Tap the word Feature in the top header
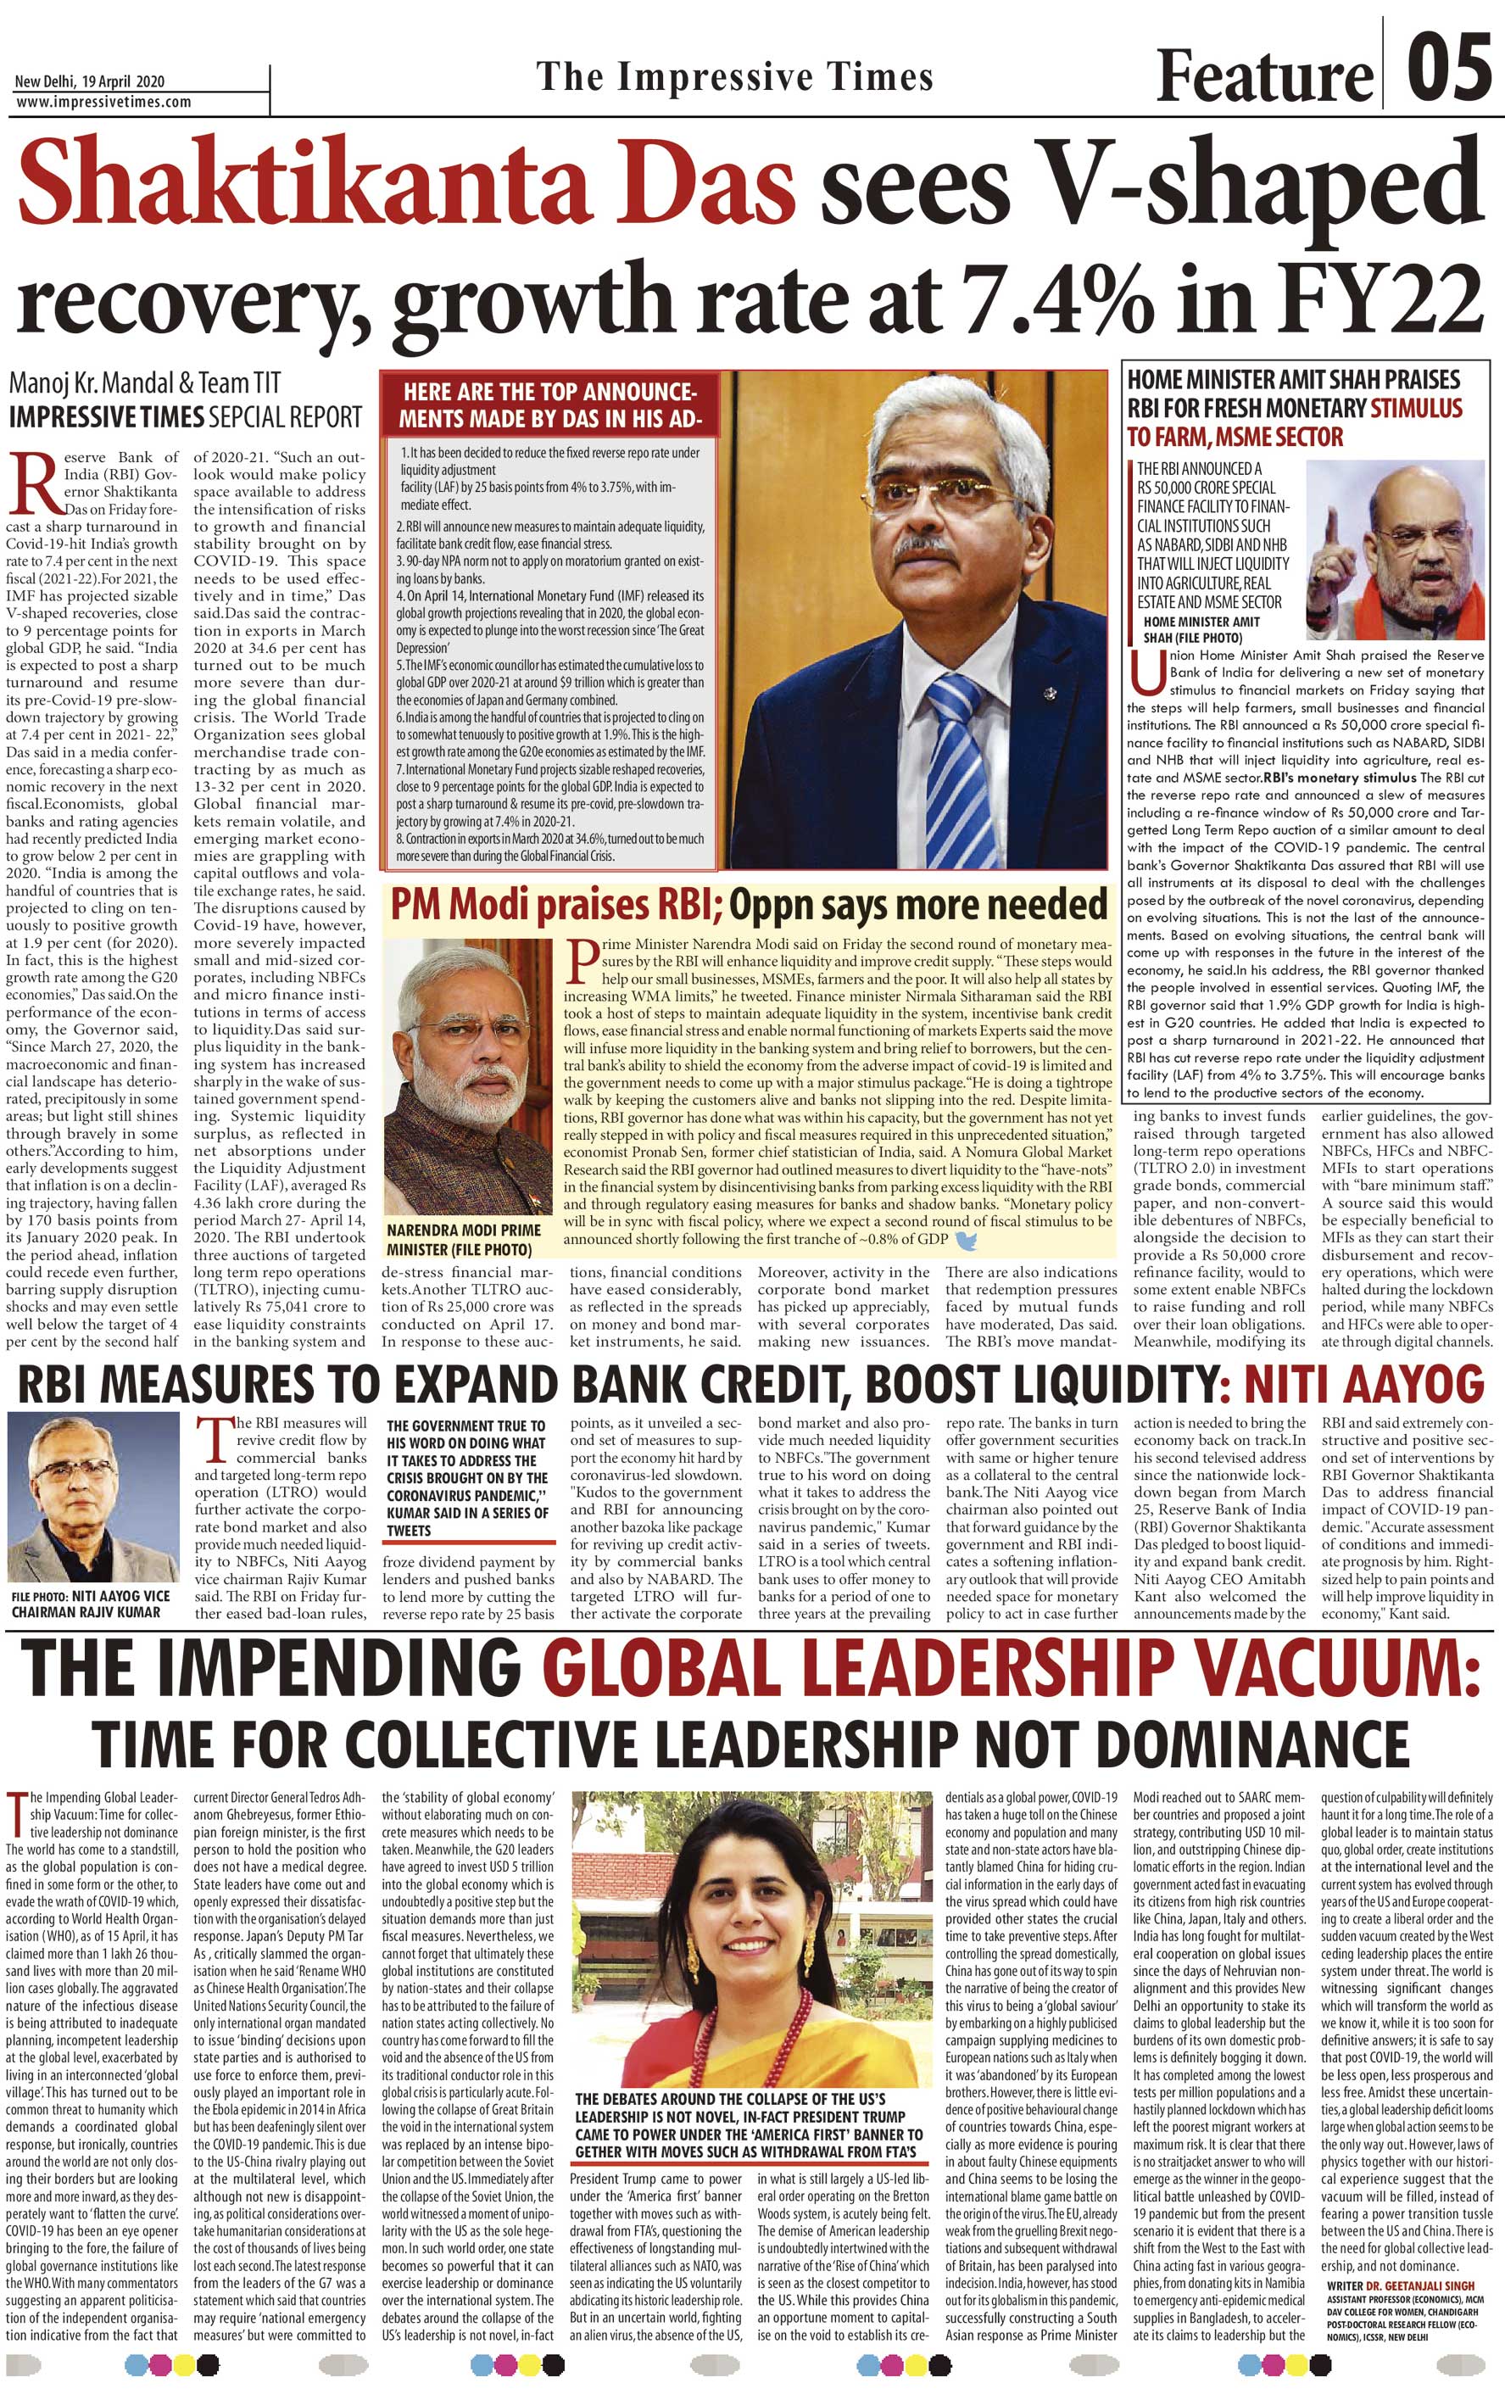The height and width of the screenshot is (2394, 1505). [1263, 75]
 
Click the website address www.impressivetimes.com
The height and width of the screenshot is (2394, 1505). [103, 102]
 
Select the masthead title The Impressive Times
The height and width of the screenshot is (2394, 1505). [734, 76]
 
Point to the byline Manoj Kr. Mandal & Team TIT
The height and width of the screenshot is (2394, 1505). [144, 382]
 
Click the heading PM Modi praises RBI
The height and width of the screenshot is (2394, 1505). [555, 905]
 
